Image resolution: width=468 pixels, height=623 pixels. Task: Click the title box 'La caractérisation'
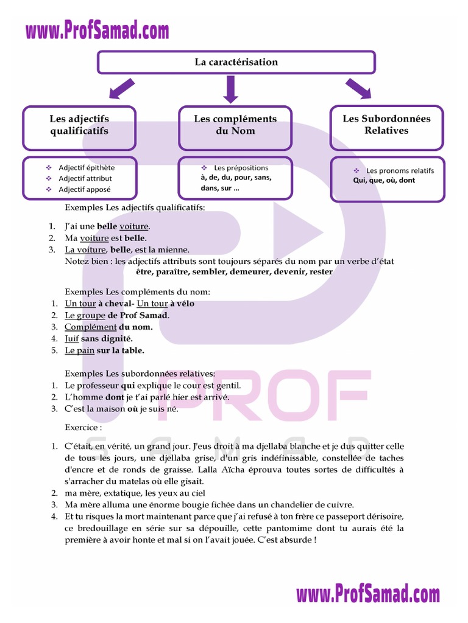point(236,62)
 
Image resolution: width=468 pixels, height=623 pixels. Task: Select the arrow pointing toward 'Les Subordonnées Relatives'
point(358,89)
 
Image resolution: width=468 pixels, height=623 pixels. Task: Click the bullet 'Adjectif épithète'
point(87,167)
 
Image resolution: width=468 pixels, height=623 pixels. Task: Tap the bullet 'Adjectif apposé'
point(85,189)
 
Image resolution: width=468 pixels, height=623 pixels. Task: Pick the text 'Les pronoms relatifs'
point(400,170)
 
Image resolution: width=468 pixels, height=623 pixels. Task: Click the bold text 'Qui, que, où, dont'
point(384,181)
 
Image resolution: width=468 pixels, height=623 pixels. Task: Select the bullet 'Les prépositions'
point(241,167)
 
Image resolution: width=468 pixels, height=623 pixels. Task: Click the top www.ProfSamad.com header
point(97,30)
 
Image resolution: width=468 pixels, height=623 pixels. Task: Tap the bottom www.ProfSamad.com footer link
point(368,594)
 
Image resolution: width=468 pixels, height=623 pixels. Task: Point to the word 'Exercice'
point(83,427)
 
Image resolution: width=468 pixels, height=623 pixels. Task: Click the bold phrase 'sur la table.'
point(121,350)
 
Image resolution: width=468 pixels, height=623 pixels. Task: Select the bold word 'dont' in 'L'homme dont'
point(115,397)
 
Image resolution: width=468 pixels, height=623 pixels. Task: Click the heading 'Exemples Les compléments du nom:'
point(137,291)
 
